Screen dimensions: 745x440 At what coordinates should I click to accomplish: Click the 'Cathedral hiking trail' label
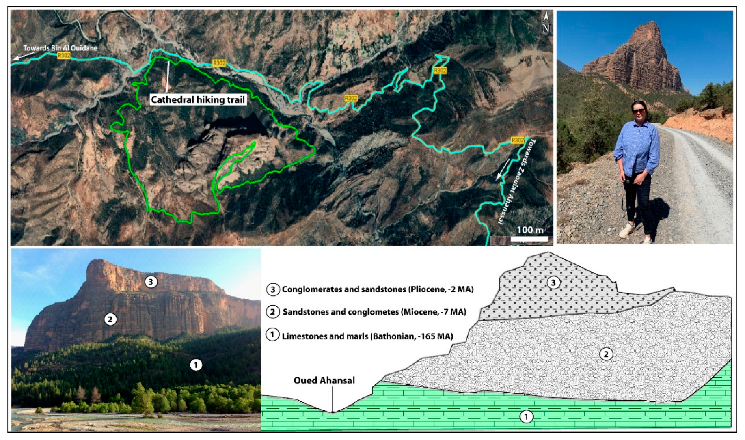pos(198,99)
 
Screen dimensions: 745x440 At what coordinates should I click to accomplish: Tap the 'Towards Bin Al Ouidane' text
pos(60,48)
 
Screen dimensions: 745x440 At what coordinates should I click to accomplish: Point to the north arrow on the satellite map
pos(546,23)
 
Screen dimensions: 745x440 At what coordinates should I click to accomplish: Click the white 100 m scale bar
pos(529,239)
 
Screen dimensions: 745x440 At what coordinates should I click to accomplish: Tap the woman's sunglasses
pos(638,110)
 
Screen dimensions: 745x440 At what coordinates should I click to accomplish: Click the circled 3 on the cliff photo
pos(151,281)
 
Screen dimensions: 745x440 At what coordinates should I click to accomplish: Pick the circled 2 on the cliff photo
pos(110,319)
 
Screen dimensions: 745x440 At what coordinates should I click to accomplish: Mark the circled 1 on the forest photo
pos(196,365)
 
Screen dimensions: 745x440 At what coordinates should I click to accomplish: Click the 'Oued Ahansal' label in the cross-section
pos(324,380)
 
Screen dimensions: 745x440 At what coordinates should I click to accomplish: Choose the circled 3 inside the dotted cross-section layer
pos(553,283)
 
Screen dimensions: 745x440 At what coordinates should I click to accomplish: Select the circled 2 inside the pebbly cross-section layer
pos(606,354)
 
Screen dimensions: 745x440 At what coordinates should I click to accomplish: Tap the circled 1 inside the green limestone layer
pos(526,416)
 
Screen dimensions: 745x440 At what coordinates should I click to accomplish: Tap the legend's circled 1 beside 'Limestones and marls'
pos(272,335)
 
